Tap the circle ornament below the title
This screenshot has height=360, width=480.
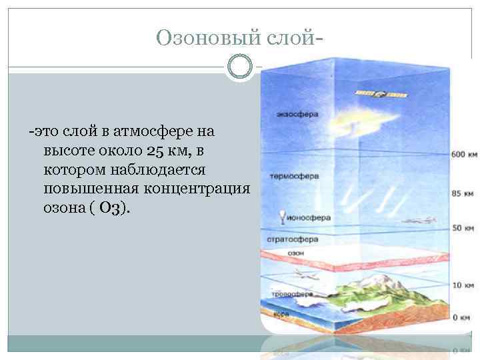coord(240,67)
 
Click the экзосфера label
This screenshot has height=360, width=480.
coord(297,114)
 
